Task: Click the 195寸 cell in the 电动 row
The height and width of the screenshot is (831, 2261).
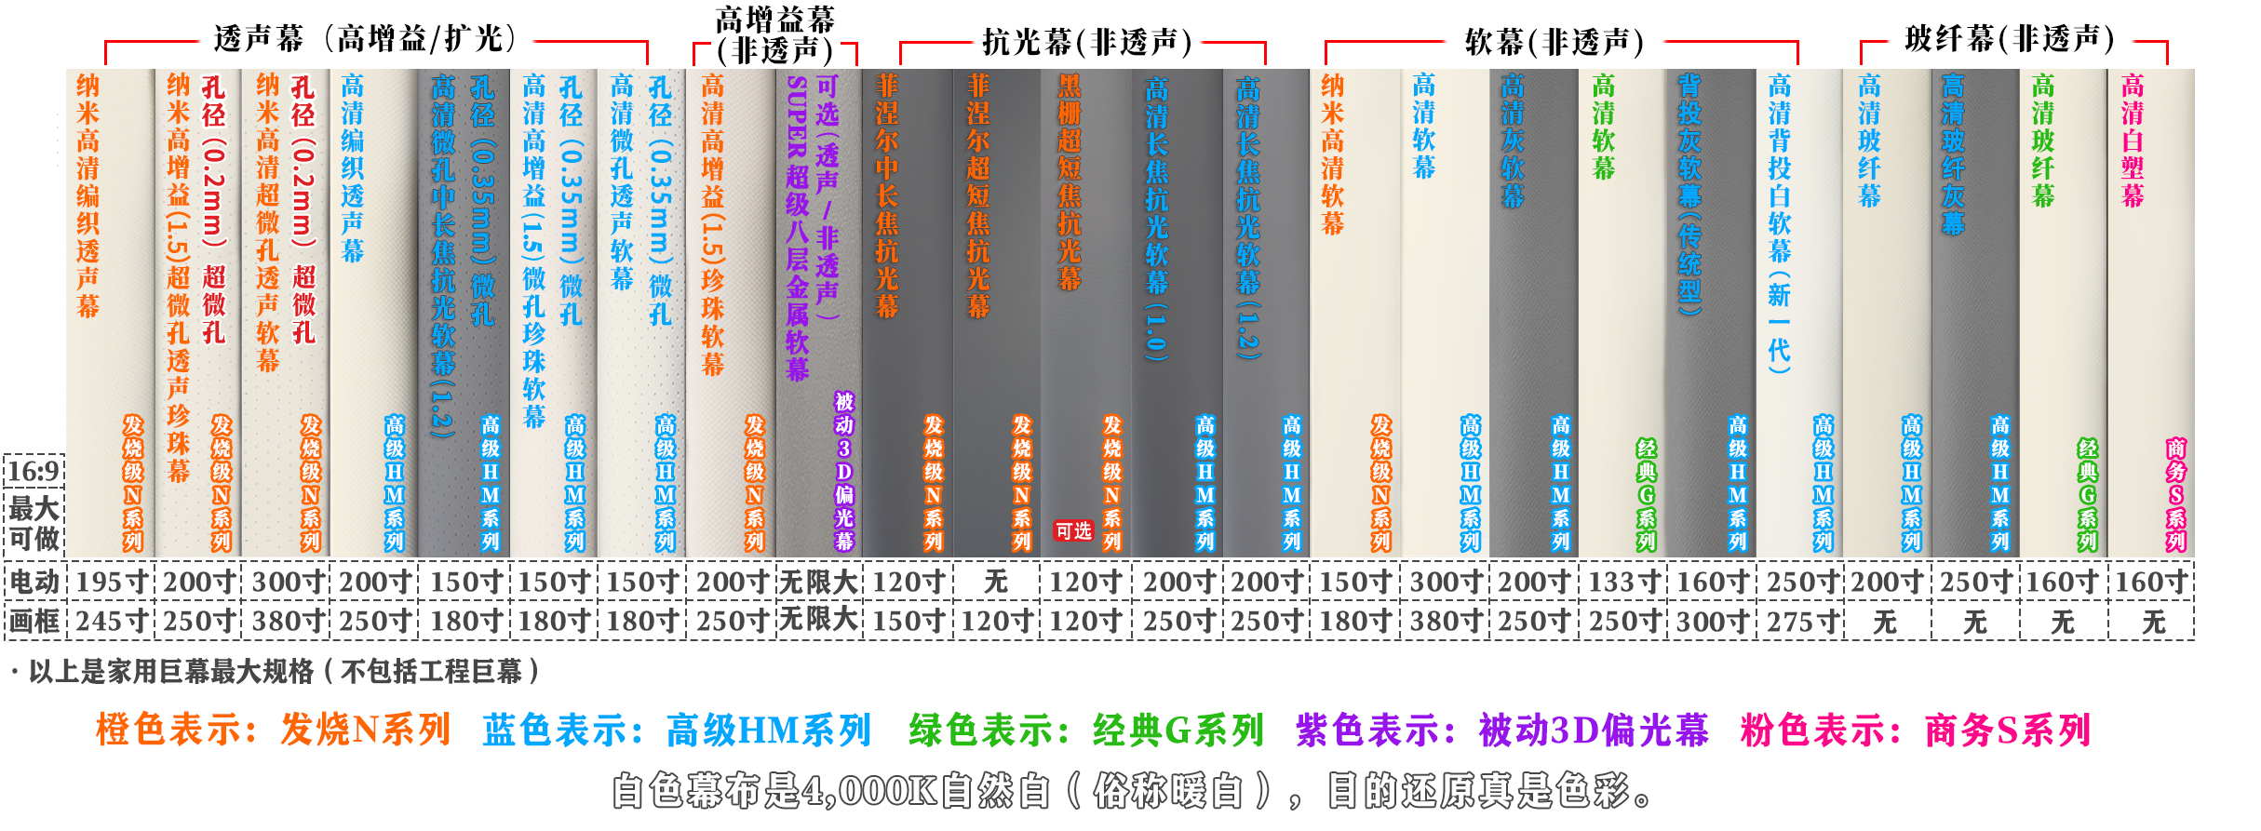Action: (x=112, y=582)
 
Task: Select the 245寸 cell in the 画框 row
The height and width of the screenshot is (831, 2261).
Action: (x=112, y=621)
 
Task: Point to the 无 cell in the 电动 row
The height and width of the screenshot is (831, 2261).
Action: (x=996, y=582)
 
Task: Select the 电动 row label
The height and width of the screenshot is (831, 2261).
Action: (x=34, y=582)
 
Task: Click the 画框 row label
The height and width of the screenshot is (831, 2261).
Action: (x=34, y=621)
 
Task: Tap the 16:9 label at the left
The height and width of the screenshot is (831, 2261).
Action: (x=34, y=471)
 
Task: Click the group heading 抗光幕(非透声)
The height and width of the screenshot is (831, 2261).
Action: (x=1087, y=42)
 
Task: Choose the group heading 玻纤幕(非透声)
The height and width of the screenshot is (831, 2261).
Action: (x=2009, y=39)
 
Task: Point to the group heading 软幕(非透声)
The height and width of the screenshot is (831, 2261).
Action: (x=1554, y=42)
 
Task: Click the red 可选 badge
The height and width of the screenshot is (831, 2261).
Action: (x=1072, y=530)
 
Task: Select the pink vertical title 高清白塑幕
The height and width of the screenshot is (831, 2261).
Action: (x=2132, y=141)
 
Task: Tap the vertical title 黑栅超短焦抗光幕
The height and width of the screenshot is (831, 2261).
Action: (x=1070, y=182)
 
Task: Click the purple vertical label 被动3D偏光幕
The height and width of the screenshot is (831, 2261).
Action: (x=843, y=472)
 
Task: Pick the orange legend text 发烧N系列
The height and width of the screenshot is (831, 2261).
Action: (x=366, y=730)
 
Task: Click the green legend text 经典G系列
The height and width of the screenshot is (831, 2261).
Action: (x=1178, y=730)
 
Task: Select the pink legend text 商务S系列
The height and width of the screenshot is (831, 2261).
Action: (x=2008, y=730)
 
